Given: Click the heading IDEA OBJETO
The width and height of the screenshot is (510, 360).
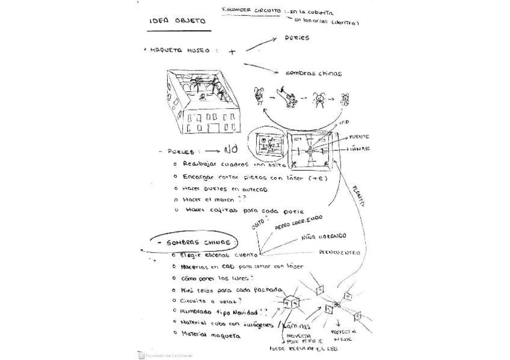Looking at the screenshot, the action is [x=177, y=21].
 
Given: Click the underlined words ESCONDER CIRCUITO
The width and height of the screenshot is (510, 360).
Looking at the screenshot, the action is [x=251, y=11].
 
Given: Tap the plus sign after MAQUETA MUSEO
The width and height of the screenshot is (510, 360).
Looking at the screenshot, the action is [x=232, y=52].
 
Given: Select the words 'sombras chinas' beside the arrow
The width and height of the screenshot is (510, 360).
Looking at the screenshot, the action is [x=313, y=73].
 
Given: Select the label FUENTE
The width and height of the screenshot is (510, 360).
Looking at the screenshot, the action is [x=359, y=137].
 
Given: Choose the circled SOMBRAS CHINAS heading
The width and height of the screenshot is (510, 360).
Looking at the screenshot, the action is [x=192, y=242].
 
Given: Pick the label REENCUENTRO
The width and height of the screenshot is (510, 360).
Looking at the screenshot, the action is [x=339, y=252].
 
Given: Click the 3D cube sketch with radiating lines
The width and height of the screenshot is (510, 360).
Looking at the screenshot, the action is [x=290, y=302].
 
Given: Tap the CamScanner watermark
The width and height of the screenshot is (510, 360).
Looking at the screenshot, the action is [x=161, y=355].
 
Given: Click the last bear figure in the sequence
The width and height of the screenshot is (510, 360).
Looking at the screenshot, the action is [x=345, y=99].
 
